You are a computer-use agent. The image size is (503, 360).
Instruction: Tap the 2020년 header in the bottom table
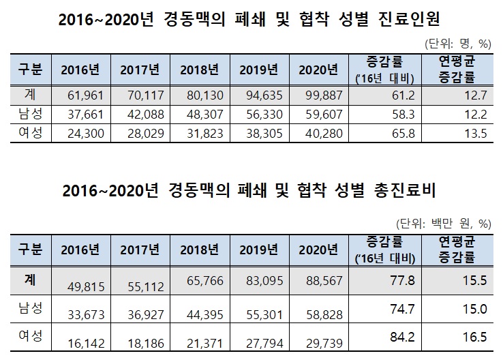click(319, 247)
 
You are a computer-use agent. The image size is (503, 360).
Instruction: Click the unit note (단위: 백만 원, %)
click(443, 222)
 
